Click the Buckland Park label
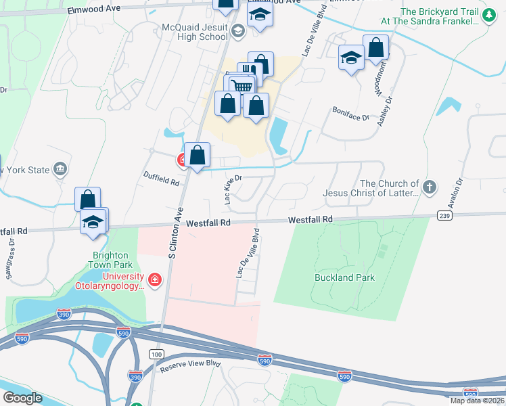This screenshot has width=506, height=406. click(344, 277)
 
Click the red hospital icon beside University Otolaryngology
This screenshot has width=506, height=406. click(155, 279)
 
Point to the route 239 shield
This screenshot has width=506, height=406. click(444, 216)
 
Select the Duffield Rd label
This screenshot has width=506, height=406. click(161, 179)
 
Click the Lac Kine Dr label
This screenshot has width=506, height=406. click(231, 189)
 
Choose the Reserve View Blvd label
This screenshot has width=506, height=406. click(191, 366)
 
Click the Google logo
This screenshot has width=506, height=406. click(22, 398)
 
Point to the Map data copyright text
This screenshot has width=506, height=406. click(476, 401)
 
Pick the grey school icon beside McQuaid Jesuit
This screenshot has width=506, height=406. click(237, 30)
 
